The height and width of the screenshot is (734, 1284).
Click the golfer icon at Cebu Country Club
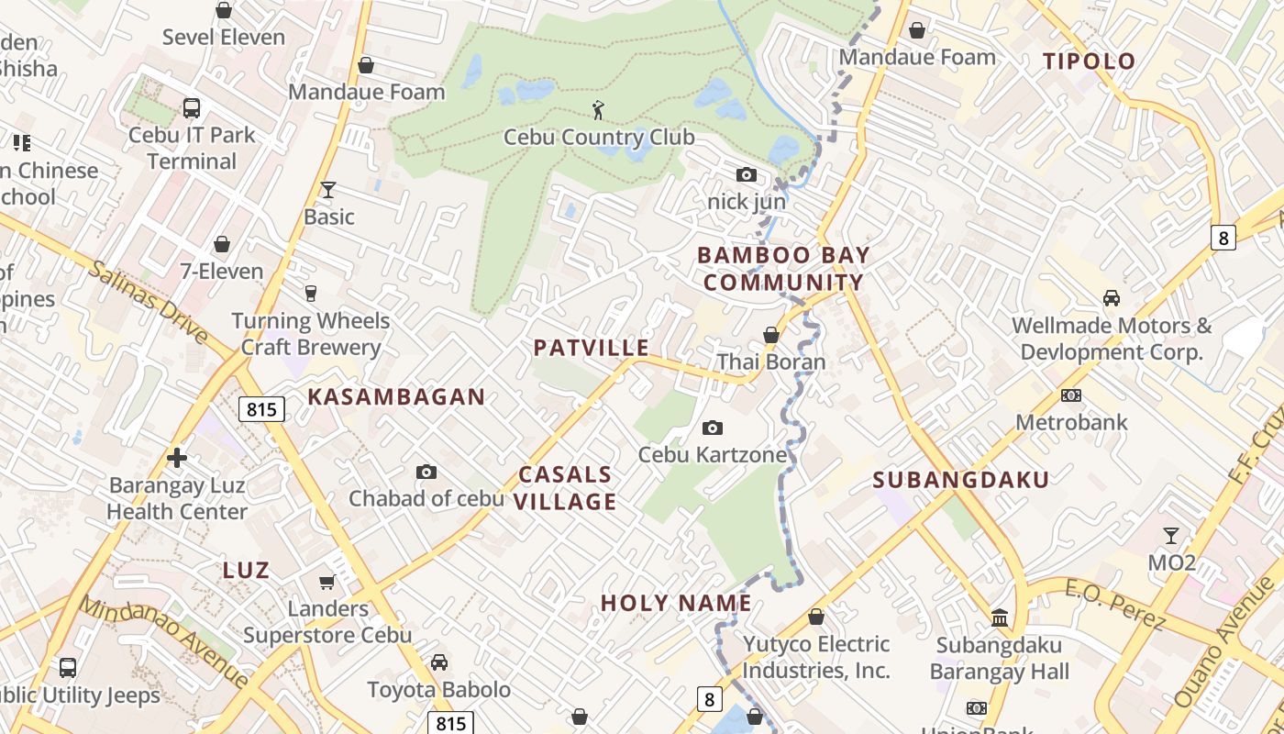599,110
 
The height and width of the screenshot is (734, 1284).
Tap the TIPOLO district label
1090,61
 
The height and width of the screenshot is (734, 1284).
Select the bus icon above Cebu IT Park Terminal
191,108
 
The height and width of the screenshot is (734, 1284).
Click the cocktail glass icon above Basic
328,190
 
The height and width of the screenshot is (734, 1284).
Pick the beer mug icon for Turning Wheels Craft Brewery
311,294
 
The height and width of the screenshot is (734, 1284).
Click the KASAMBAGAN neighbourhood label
396,396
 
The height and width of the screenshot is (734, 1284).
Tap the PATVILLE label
592,348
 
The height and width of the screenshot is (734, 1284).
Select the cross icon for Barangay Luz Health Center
177,457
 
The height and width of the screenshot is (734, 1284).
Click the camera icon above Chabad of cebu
426,472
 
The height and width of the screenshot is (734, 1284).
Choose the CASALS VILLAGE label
566,488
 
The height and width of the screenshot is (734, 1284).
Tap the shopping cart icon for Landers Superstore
327,582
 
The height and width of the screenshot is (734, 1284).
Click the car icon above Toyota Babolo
439,662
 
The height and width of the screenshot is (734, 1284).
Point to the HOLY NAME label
677,603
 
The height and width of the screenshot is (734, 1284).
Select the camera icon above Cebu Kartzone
712,428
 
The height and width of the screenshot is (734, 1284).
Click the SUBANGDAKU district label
960,480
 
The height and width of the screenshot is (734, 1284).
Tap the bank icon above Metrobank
1070,395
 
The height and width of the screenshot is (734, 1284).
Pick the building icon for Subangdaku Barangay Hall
1000,618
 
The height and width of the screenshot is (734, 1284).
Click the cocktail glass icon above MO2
1171,535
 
